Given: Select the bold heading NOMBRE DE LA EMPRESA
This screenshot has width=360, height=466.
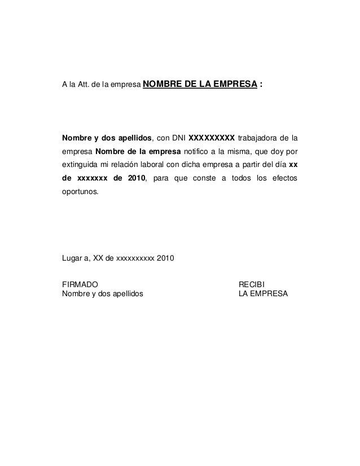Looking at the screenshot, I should point(201,85).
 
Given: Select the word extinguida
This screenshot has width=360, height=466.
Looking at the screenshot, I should point(80,167).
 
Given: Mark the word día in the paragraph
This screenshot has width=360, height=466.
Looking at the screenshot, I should point(278,167).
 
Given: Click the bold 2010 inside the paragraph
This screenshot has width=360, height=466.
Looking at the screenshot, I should point(135,179).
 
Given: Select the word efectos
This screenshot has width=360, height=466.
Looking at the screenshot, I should point(284,179).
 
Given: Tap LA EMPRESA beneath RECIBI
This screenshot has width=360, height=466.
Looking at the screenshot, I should point(263,294).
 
